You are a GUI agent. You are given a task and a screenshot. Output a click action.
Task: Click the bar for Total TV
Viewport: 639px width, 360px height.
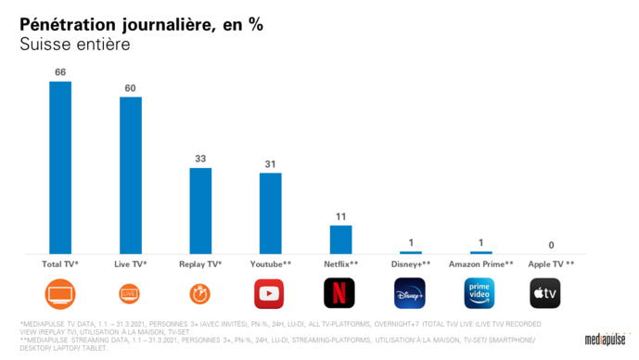(60, 167)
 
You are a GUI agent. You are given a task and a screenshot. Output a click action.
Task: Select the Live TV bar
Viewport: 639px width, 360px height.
(131, 174)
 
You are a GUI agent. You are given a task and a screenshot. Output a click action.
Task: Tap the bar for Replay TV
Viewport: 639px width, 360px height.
(200, 211)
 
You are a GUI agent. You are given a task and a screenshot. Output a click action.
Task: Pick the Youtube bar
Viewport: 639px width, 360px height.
(270, 212)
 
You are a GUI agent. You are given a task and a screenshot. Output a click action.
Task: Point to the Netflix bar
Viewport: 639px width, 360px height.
(340, 238)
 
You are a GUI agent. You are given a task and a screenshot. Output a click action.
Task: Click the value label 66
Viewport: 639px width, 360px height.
(60, 72)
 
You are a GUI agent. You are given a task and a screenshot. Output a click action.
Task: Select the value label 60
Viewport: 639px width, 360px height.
(131, 88)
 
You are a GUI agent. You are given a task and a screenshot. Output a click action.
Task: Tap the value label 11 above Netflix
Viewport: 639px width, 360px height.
(340, 216)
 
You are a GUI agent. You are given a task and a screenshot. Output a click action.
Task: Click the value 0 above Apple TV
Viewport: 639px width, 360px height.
(551, 245)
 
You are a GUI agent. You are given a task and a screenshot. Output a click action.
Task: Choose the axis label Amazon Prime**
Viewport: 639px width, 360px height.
(479, 264)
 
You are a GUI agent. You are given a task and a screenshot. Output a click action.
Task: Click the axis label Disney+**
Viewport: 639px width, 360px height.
(410, 264)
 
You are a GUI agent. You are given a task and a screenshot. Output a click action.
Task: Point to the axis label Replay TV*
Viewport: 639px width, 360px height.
(200, 264)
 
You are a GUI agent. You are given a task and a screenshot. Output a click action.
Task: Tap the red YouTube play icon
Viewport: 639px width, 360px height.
(269, 293)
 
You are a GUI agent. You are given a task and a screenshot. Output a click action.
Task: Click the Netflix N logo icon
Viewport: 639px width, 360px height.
(339, 293)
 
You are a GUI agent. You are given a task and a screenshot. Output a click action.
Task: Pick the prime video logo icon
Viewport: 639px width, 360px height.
(479, 293)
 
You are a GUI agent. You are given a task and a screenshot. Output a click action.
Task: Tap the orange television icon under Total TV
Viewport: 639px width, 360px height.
(60, 293)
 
